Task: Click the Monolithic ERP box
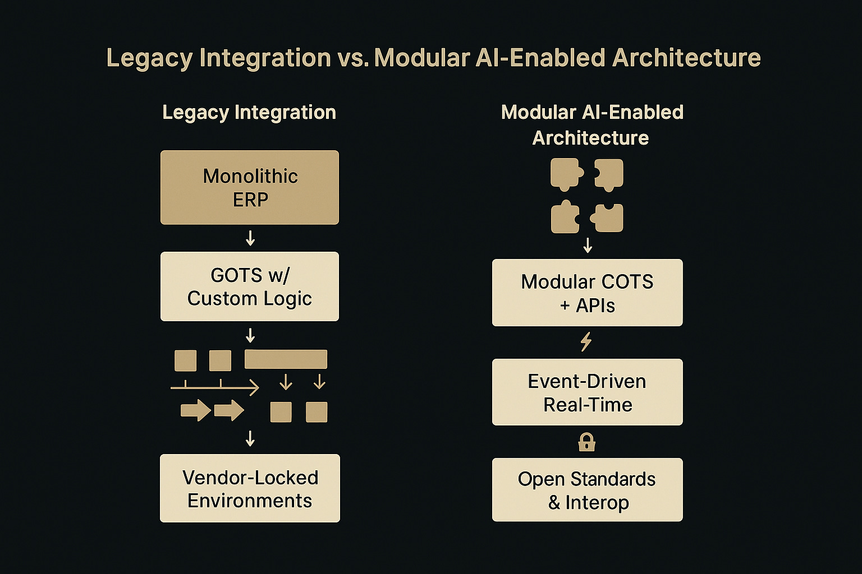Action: coord(250,187)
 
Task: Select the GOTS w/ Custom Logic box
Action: coord(250,286)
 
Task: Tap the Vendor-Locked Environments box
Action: coord(250,488)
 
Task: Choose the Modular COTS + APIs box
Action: coord(587,293)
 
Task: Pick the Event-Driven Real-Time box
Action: coord(587,392)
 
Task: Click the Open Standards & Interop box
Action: coord(587,490)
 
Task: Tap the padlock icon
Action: coord(586,442)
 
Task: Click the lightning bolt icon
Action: coord(586,341)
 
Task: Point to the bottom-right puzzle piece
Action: coord(608,218)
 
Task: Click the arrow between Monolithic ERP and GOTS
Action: coord(250,239)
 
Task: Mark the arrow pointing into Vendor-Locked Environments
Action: coord(250,438)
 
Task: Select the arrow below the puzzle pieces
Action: coord(588,245)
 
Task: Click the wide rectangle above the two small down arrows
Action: coord(286,359)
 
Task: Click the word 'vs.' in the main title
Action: coord(352,58)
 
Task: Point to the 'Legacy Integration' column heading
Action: coord(249,113)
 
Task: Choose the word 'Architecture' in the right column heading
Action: coord(590,138)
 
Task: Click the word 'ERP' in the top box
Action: coord(250,200)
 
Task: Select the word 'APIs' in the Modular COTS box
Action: coord(595,306)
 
